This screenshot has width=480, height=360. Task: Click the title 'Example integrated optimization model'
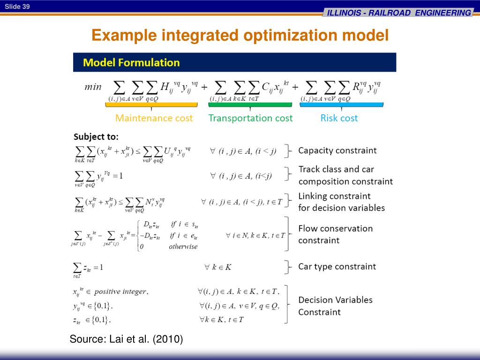click(240, 36)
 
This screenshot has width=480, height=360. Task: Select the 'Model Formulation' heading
click(131, 62)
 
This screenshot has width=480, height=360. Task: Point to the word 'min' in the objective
click(93, 87)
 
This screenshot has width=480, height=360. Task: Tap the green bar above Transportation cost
click(250, 105)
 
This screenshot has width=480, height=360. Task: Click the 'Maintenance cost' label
click(154, 118)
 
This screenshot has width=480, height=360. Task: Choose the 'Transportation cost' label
click(250, 118)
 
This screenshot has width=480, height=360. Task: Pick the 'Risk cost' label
click(339, 118)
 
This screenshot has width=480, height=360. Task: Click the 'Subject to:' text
click(96, 137)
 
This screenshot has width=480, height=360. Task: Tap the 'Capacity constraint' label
click(337, 150)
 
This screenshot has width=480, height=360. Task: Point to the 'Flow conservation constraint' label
click(335, 234)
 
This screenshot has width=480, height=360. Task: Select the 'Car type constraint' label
click(337, 267)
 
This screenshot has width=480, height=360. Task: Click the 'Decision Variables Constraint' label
click(335, 306)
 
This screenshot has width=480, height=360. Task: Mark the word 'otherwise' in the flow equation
click(183, 247)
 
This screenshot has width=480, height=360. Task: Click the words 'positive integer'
click(120, 292)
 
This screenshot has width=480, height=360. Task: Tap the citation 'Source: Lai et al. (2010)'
click(126, 339)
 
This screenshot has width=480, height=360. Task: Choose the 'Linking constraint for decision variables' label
click(341, 202)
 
